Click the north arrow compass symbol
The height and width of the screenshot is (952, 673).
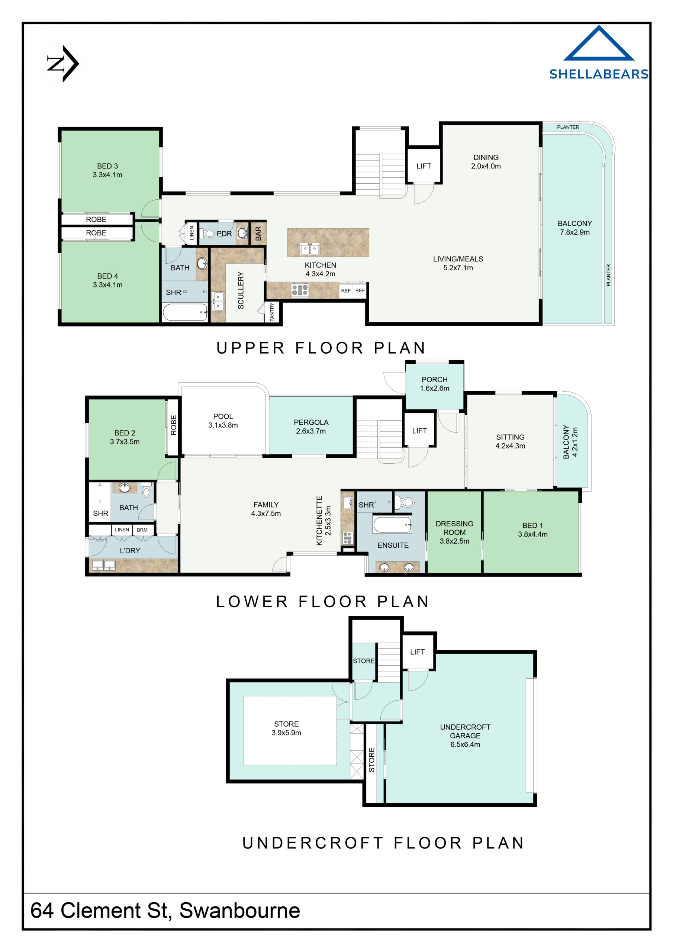coord(62,64)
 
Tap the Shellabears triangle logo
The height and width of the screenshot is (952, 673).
coord(598,45)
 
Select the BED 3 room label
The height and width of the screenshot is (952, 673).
coord(107,166)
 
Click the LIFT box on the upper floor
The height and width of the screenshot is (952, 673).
coord(424,166)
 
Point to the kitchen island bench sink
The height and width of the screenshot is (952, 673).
coord(310,249)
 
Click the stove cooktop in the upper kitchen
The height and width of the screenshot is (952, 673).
coord(299,290)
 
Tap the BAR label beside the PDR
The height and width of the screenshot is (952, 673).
coord(258,234)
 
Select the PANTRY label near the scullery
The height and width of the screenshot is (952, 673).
coord(272,312)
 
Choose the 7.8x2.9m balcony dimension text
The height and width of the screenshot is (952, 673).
coord(574,232)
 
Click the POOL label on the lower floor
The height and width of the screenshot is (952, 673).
coord(223,416)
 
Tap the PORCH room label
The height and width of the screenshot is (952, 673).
coord(434,379)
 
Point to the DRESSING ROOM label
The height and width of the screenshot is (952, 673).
coord(454,528)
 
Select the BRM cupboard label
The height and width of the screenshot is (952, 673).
coord(142,530)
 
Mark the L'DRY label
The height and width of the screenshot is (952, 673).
coord(130,551)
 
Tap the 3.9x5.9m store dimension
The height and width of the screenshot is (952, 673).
coord(286,733)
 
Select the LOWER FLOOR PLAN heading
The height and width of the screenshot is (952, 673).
coord(322,602)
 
